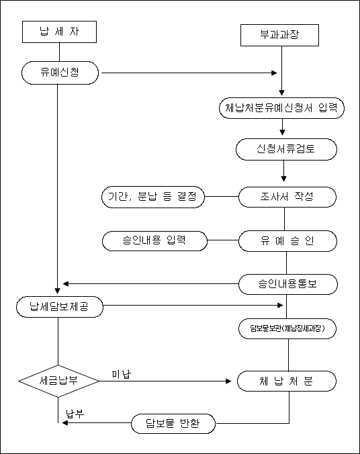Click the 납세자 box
[59, 32]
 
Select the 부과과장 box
[280, 36]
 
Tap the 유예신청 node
[60, 73]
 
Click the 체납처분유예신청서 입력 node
[281, 108]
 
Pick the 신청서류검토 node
[286, 149]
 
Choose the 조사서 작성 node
[287, 197]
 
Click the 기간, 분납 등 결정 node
[153, 197]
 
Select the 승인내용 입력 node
[154, 240]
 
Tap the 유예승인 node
[287, 241]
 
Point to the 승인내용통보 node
[288, 284]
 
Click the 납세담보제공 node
[60, 307]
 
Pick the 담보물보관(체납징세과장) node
[287, 328]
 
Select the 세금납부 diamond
[58, 381]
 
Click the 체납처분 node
[287, 381]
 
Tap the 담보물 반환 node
[173, 423]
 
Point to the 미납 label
[122, 374]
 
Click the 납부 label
[75, 414]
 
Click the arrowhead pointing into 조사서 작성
[284, 179]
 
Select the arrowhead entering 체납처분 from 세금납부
[228, 381]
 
